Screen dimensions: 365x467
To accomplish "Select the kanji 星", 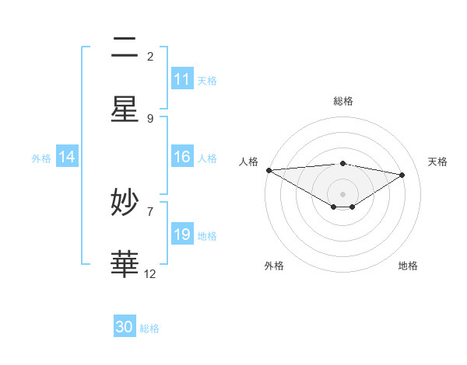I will pos(125,109).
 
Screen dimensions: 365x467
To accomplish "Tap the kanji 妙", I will pos(125,203).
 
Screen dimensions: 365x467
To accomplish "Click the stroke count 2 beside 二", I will pos(150,56).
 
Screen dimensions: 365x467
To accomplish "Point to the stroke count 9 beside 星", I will pos(150,118).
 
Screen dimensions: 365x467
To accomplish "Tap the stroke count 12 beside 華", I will pos(150,273).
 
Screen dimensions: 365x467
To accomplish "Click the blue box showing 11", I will pos(182,79).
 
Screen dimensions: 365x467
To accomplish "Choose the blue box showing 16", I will pos(182,157).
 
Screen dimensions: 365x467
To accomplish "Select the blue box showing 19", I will pos(182,235).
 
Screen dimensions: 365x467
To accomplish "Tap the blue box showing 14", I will pos(67,157).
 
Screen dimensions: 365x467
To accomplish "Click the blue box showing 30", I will pos(125,327).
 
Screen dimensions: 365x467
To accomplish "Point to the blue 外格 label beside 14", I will pos(41,158).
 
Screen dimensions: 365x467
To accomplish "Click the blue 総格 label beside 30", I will pos(149,328).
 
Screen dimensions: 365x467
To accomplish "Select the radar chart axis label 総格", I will pos(342,101).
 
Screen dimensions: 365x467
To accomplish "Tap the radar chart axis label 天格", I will pos(438,162).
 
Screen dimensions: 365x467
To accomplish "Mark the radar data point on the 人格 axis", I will pos(269,170).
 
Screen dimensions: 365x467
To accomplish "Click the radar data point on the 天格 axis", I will pos(402,175).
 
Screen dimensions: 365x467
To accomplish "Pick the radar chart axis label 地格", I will pos(408,266).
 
